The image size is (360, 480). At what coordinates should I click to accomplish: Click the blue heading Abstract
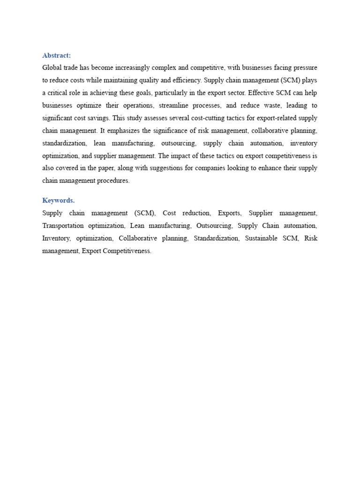[56, 55]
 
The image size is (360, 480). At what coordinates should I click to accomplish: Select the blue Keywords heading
[58, 200]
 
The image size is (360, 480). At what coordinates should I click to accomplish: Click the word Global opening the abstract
[52, 68]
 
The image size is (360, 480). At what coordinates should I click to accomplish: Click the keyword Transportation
[63, 225]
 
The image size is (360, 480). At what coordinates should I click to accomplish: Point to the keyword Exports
[229, 213]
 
